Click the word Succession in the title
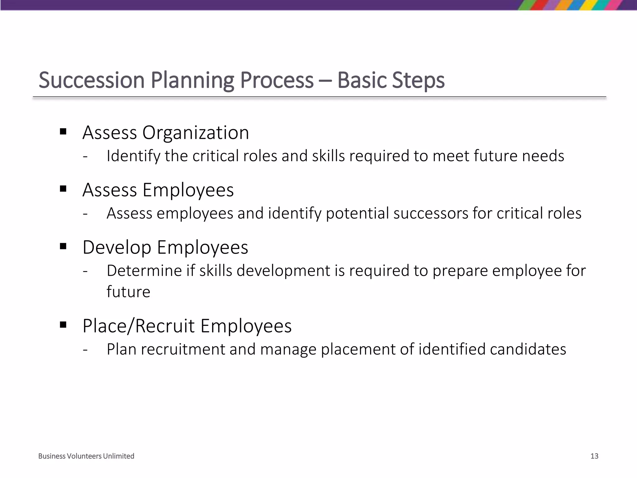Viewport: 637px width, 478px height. (x=92, y=80)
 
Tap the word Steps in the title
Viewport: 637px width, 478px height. (x=418, y=80)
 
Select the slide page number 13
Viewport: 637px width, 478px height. (x=594, y=456)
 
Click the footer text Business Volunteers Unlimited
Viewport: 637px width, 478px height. (x=86, y=456)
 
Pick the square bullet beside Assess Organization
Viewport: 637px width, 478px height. (x=63, y=132)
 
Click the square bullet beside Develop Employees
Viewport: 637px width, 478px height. (x=63, y=246)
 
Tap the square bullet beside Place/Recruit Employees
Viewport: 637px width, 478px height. (x=63, y=325)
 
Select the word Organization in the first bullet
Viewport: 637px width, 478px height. (x=195, y=133)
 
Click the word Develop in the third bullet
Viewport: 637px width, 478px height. (x=117, y=248)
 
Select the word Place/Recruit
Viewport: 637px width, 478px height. (x=139, y=326)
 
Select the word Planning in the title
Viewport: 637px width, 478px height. (x=192, y=80)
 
